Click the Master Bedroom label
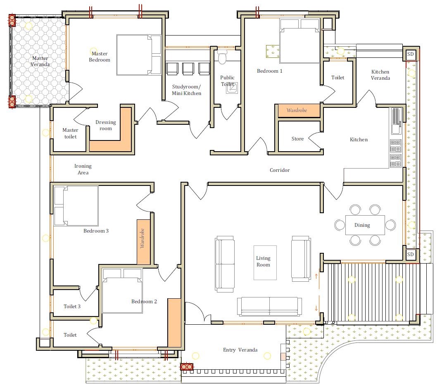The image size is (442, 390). pyautogui.click(x=100, y=57)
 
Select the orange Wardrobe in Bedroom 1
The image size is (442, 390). pyautogui.click(x=299, y=110)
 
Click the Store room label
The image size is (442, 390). pyautogui.click(x=297, y=139)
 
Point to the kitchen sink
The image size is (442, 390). pyautogui.click(x=396, y=121)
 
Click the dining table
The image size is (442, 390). pyautogui.click(x=365, y=225)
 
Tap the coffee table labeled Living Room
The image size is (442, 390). pyautogui.click(x=265, y=262)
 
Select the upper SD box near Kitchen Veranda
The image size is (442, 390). pyautogui.click(x=411, y=54)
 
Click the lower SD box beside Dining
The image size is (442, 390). pyautogui.click(x=411, y=254)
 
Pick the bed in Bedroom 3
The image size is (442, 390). pyautogui.click(x=76, y=206)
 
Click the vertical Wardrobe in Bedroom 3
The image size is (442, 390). pyautogui.click(x=143, y=242)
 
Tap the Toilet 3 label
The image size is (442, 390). pyautogui.click(x=72, y=307)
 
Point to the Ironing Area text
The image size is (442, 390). pyautogui.click(x=83, y=169)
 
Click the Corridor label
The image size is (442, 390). pyautogui.click(x=280, y=170)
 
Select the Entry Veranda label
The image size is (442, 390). pyautogui.click(x=240, y=350)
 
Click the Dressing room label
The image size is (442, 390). pyautogui.click(x=106, y=125)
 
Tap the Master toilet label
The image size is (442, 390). pyautogui.click(x=70, y=133)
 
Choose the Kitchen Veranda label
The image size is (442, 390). pyautogui.click(x=380, y=75)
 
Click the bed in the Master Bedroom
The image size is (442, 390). pyautogui.click(x=139, y=55)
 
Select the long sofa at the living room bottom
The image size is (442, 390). pyautogui.click(x=269, y=307)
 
